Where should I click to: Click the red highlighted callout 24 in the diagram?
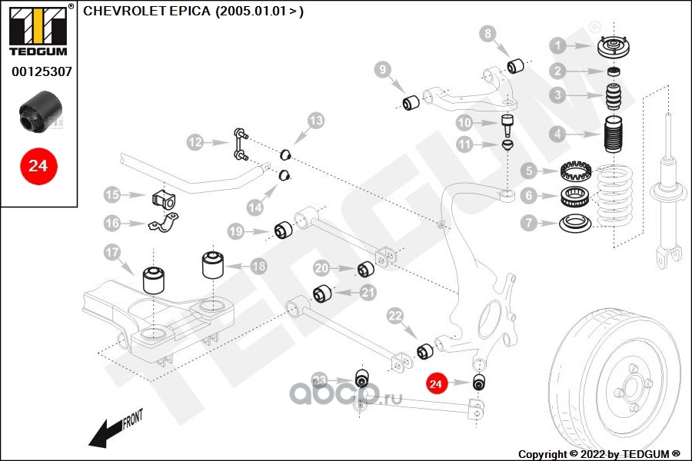coord(437,383)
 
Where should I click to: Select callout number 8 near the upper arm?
coord(487,34)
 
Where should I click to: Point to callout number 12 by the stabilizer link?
coord(195,141)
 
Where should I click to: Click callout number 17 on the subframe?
coord(112,252)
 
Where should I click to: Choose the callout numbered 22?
coord(395,316)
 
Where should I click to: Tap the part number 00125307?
coord(42,73)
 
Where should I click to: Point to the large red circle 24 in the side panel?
coord(38,165)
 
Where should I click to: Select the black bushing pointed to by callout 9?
coord(412,101)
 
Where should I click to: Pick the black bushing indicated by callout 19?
coord(284,230)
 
